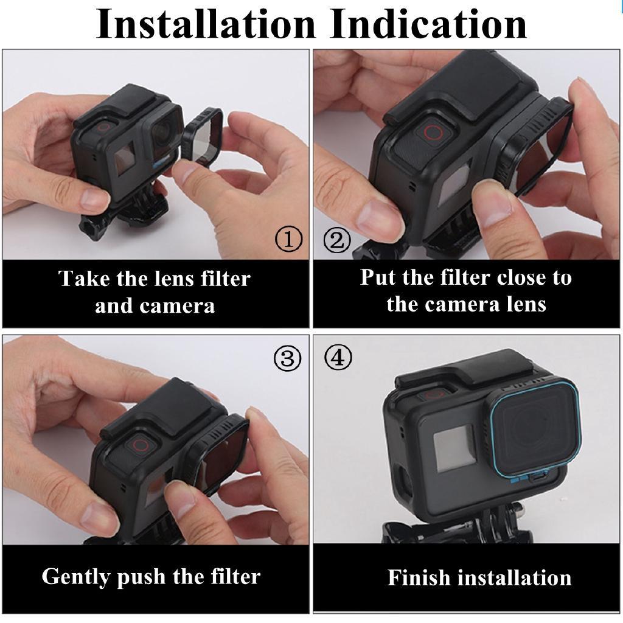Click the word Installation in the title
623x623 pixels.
[206, 24]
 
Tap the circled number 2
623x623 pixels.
[336, 240]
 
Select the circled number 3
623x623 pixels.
[287, 359]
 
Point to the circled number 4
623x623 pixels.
[338, 358]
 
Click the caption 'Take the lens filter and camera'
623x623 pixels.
[155, 292]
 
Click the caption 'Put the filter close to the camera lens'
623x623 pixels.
[466, 291]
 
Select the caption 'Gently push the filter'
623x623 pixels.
[151, 576]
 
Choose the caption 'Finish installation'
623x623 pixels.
[479, 577]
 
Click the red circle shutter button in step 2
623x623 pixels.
[433, 134]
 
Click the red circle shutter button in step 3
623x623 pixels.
[140, 445]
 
